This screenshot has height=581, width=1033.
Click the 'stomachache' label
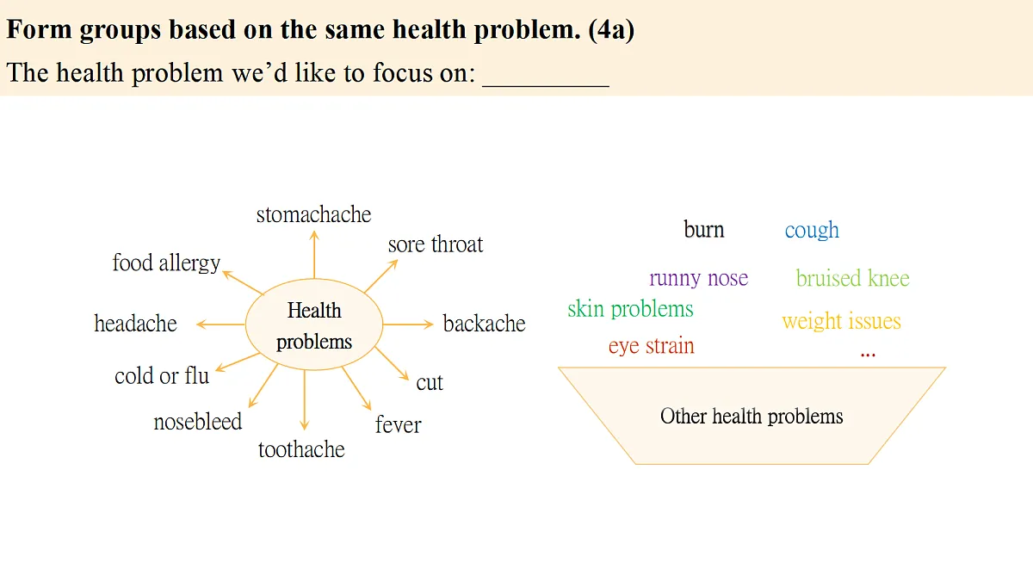[313, 214]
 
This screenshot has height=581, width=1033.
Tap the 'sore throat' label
[436, 244]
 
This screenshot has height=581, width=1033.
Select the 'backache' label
[484, 324]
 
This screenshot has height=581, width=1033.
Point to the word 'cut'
[430, 383]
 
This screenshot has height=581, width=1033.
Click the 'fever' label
[398, 424]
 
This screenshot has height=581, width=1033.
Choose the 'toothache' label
[301, 449]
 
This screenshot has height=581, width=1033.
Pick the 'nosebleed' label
[197, 422]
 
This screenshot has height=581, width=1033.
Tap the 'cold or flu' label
[162, 376]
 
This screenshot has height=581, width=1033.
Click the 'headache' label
[136, 324]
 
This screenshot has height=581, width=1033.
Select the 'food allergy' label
[166, 263]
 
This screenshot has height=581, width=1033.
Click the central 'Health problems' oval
[314, 324]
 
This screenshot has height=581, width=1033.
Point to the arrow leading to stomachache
[314, 255]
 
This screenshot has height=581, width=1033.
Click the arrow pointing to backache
[408, 324]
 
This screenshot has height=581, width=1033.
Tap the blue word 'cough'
[812, 230]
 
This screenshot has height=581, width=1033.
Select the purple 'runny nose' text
[699, 278]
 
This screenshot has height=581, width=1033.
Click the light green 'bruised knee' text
[853, 278]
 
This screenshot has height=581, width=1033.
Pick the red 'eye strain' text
[651, 346]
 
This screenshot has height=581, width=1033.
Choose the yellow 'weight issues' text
[842, 321]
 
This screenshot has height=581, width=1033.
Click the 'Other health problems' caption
[752, 417]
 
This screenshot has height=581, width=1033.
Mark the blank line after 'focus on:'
[546, 86]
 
